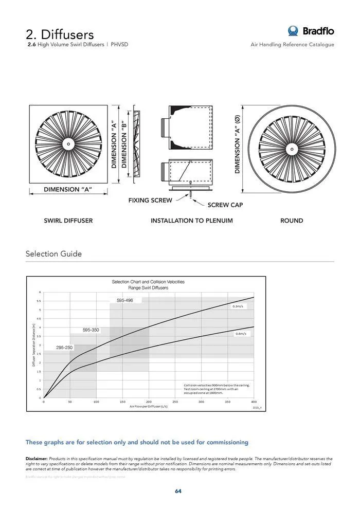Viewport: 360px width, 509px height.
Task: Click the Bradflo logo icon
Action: coord(293,31)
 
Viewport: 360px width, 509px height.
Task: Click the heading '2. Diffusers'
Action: coord(60,34)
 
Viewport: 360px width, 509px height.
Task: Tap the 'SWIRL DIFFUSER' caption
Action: coord(68,221)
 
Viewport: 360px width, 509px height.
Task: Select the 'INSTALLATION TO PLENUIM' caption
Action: coord(191,221)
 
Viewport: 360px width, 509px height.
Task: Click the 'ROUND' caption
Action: coord(292,221)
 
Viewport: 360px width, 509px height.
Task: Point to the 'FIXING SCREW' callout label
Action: coord(150,200)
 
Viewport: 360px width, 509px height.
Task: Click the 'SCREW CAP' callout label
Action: coord(225,205)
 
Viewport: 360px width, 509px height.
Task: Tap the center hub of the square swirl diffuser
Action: coord(68,144)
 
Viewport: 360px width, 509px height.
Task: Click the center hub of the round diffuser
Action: coord(292,150)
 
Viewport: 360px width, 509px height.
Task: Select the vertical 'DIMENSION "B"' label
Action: coord(124,144)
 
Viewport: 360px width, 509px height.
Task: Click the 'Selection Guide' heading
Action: coord(53,254)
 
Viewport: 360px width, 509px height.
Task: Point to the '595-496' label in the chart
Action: coord(125,300)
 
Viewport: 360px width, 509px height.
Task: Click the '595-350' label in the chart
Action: coord(91,330)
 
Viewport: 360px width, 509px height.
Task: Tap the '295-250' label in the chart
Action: coord(65,348)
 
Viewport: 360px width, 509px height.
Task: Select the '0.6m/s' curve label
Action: coord(241,334)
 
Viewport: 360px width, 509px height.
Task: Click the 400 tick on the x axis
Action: coord(254,402)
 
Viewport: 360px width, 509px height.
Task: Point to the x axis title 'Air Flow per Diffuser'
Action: coord(149,406)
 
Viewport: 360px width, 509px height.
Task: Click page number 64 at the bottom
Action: coord(178,491)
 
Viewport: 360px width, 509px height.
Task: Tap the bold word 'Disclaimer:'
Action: coord(37,458)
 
